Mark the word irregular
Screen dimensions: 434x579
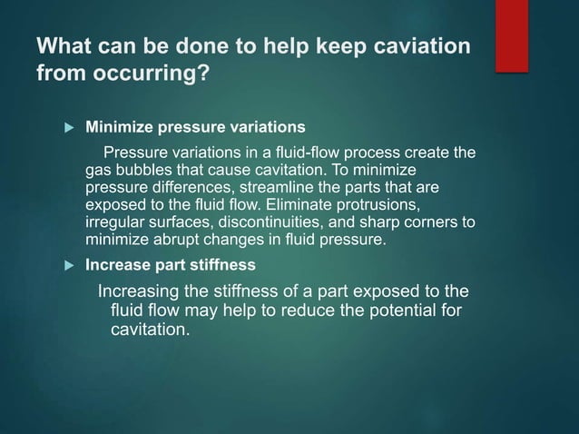point(113,222)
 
